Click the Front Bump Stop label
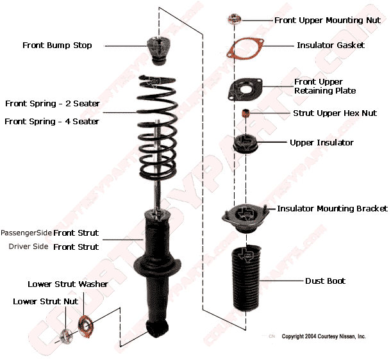point(57,45)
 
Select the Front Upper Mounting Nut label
point(328,20)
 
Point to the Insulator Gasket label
point(331,45)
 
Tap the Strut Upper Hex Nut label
point(335,113)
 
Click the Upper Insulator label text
point(321,142)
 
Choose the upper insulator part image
point(245,144)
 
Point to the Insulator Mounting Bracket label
point(332,209)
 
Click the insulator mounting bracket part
point(244,219)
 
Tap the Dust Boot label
point(325,281)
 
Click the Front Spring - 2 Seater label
point(52,103)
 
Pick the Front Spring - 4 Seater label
point(52,121)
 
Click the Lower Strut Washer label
point(68,284)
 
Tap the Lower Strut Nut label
point(46,301)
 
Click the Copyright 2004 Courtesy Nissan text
point(324,336)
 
